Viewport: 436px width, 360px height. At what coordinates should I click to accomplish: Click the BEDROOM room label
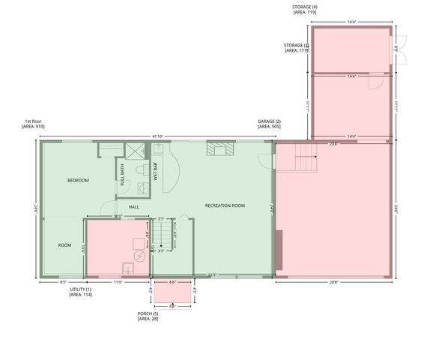(78, 181)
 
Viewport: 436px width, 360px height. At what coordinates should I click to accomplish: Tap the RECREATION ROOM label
(225, 205)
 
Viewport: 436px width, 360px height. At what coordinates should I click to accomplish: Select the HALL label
(134, 207)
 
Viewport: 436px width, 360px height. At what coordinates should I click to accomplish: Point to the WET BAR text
(155, 172)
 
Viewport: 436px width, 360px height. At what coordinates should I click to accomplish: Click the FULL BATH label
(122, 174)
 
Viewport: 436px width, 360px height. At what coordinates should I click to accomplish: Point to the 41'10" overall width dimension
(158, 136)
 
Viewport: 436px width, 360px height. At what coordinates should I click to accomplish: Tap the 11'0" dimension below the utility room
(118, 283)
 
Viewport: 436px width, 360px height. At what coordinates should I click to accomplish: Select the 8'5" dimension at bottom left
(64, 283)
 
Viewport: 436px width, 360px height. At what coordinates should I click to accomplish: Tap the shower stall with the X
(135, 150)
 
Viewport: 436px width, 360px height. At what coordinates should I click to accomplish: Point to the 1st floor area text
(34, 124)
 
